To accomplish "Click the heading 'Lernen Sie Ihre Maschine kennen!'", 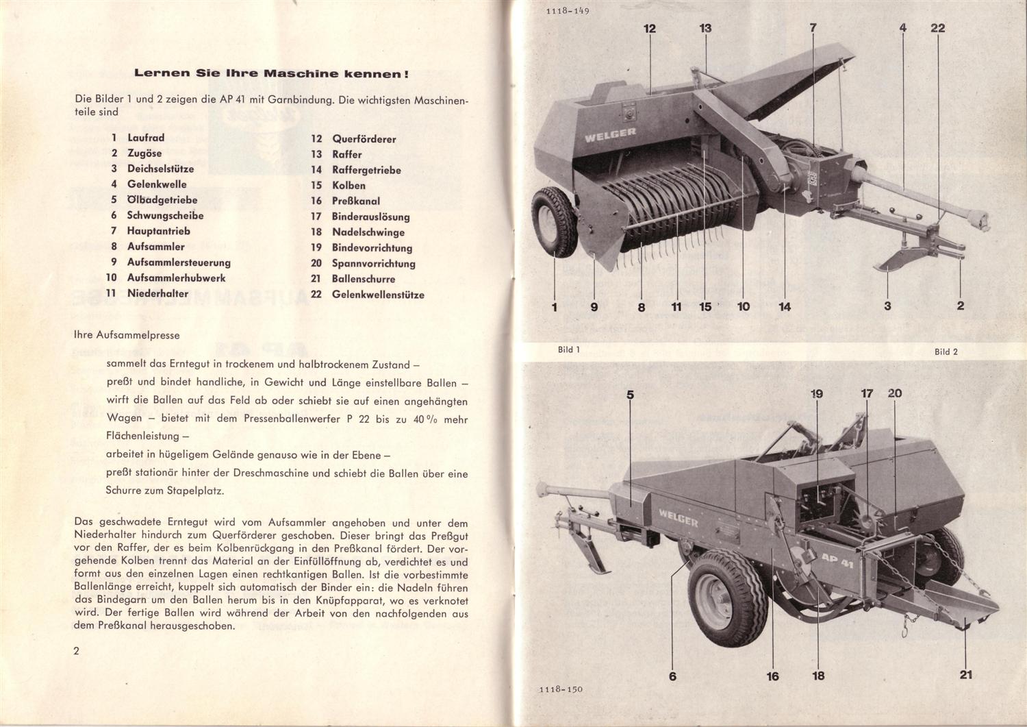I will click(272, 73).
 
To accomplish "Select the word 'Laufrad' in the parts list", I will click(146, 138).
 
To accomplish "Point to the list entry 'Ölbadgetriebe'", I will click(162, 200).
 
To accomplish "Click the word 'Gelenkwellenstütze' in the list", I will click(378, 295).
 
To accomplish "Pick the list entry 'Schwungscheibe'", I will click(165, 215).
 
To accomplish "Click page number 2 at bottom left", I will click(77, 650).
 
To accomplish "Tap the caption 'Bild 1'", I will click(568, 349).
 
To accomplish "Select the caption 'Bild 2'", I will click(946, 352).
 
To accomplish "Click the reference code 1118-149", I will click(568, 11).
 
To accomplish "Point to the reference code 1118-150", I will click(560, 689).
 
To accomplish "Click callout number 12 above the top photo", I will click(650, 29).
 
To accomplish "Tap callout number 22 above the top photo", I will click(937, 28).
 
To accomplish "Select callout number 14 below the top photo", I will click(785, 307).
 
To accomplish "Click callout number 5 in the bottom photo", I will click(630, 395).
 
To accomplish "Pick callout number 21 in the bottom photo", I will click(965, 674).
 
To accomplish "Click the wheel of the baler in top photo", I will click(554, 221).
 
